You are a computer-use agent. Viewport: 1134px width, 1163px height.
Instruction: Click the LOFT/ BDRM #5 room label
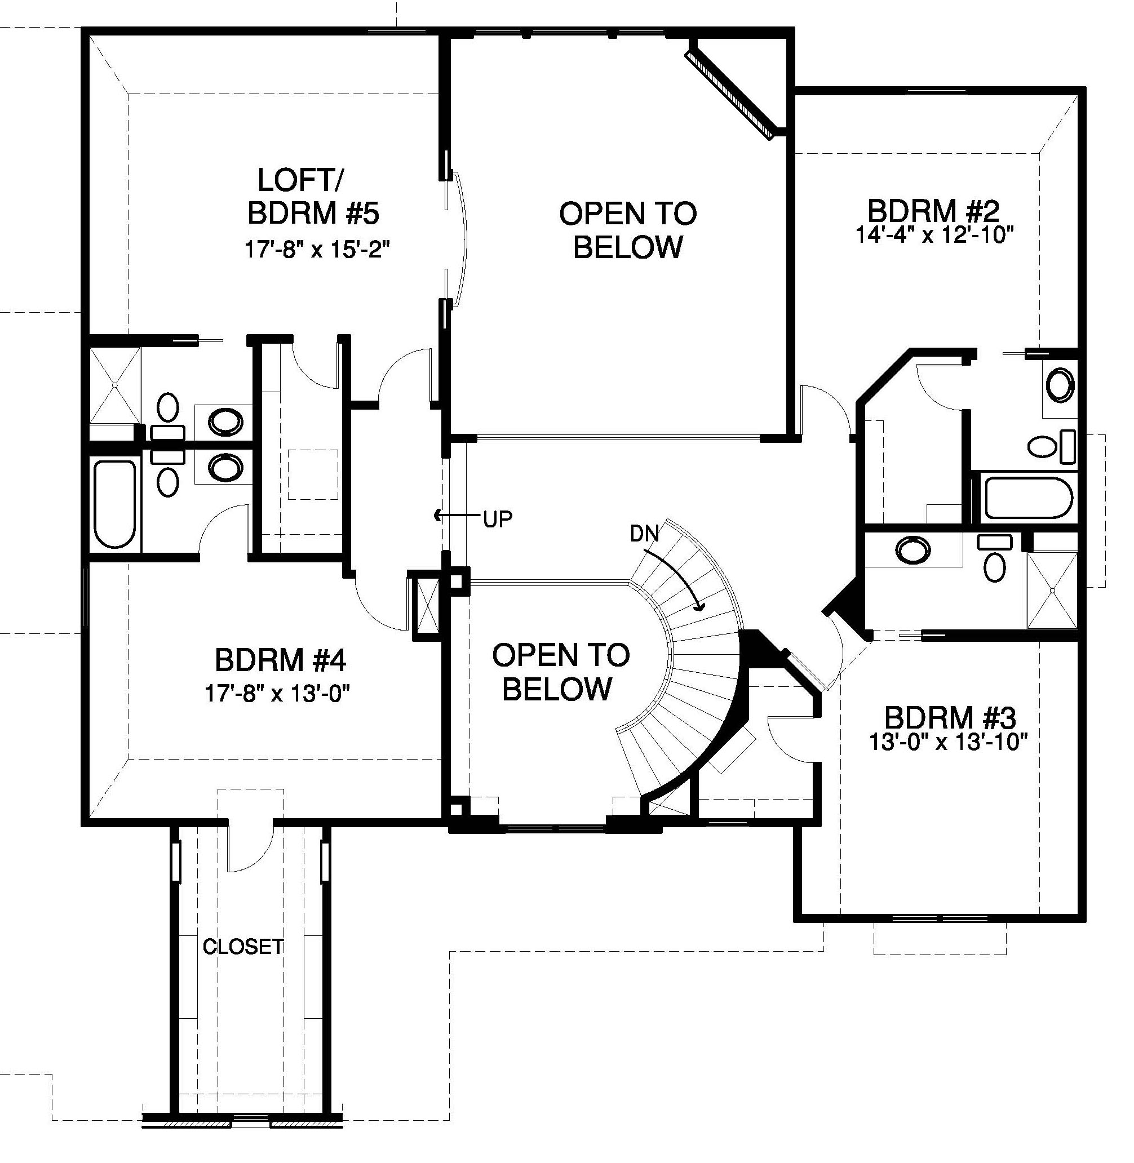(313, 197)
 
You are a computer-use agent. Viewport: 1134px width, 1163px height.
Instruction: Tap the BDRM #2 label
(933, 211)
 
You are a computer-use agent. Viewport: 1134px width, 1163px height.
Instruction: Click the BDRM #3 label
(950, 717)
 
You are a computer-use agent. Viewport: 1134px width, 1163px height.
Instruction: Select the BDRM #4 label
(281, 660)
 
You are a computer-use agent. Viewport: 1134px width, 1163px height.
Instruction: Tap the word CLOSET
(243, 946)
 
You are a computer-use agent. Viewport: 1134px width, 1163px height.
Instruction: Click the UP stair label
(497, 520)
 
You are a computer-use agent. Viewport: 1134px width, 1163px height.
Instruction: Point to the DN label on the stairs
(644, 534)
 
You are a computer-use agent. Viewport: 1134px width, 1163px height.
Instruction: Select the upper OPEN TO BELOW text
(628, 230)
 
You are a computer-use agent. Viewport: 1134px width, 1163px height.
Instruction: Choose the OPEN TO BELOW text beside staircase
(560, 672)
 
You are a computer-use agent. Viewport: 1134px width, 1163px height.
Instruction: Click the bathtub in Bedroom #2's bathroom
(1029, 497)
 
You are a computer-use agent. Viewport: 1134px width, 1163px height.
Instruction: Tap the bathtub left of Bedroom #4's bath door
(116, 504)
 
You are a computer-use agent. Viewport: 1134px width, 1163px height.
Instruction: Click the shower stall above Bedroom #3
(1053, 589)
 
